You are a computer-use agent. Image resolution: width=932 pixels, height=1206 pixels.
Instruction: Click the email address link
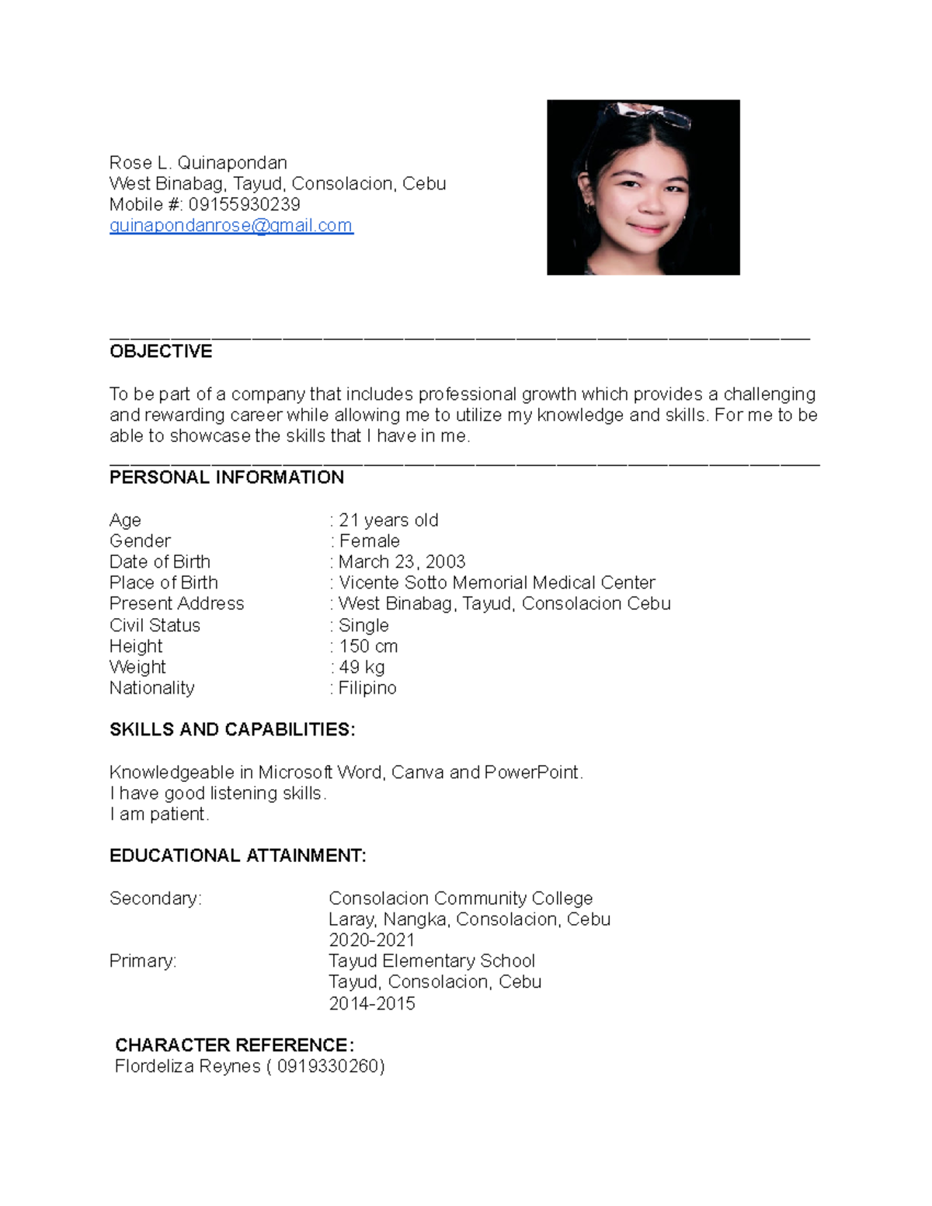click(231, 225)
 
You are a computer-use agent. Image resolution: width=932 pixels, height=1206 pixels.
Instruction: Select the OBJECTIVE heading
click(161, 352)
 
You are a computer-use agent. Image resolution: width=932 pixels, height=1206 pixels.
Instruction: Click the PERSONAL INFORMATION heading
click(226, 478)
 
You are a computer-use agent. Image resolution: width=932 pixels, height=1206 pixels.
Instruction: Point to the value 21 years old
click(388, 520)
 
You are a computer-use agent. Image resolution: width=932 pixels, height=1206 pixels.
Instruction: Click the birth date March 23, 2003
click(402, 562)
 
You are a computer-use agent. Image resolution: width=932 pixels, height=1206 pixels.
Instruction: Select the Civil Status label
click(155, 625)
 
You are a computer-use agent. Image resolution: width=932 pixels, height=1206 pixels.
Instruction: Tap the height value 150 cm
click(368, 646)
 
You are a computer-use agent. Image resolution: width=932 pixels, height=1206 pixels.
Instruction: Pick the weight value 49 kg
click(361, 667)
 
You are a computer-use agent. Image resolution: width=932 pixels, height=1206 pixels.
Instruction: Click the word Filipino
click(367, 688)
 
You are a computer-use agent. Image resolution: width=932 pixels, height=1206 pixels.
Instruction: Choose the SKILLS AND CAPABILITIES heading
click(232, 730)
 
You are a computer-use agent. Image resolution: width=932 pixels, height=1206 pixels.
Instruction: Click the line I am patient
click(159, 814)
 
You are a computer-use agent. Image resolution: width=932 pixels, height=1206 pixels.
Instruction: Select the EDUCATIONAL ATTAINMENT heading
click(238, 856)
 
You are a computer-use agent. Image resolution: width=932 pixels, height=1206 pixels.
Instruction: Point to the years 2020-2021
click(371, 940)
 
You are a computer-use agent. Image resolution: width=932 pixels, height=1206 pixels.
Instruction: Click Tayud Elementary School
click(432, 961)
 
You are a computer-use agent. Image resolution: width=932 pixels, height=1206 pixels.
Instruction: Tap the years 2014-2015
click(371, 1003)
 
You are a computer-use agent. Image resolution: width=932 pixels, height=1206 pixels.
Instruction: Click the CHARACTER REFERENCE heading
click(234, 1045)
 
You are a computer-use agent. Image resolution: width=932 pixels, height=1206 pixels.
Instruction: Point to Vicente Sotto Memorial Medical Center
click(497, 583)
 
